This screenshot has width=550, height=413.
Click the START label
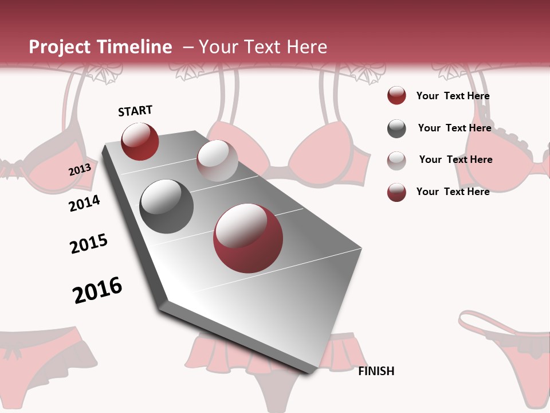pyautogui.click(x=135, y=111)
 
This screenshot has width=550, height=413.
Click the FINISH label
pyautogui.click(x=376, y=371)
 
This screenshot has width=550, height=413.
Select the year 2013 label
pyautogui.click(x=80, y=170)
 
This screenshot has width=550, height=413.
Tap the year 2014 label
pyautogui.click(x=85, y=203)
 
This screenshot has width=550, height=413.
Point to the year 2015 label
pyautogui.click(x=89, y=244)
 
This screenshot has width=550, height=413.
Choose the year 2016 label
pyautogui.click(x=97, y=290)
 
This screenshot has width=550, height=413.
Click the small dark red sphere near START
pyautogui.click(x=140, y=142)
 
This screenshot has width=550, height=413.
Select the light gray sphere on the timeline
pyautogui.click(x=217, y=161)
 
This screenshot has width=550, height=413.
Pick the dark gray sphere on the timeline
pyautogui.click(x=167, y=206)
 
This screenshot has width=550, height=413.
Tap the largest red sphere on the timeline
pyautogui.click(x=248, y=238)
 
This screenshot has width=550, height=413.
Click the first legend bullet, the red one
pyautogui.click(x=396, y=96)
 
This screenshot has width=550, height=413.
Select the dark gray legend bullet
pyautogui.click(x=396, y=128)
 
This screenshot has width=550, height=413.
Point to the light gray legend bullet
pyautogui.click(x=396, y=161)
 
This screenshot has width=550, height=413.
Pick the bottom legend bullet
pyautogui.click(x=396, y=192)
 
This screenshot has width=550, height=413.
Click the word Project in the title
pyautogui.click(x=59, y=47)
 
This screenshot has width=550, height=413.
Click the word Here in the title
pyautogui.click(x=307, y=47)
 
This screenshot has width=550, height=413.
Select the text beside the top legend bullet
pyautogui.click(x=453, y=96)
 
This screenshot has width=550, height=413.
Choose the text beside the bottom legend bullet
pyautogui.click(x=453, y=192)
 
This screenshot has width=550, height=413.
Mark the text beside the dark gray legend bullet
pyautogui.click(x=454, y=128)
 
